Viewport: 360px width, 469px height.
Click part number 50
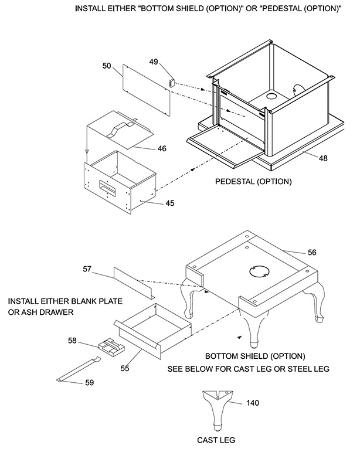coord(107,66)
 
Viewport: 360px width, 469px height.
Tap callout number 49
coord(154,62)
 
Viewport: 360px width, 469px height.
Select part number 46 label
coord(162,149)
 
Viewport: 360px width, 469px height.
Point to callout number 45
coord(169,203)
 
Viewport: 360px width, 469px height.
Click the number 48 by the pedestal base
coord(324,158)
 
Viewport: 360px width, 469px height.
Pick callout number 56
coord(311,252)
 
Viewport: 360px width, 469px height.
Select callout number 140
coord(253,403)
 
